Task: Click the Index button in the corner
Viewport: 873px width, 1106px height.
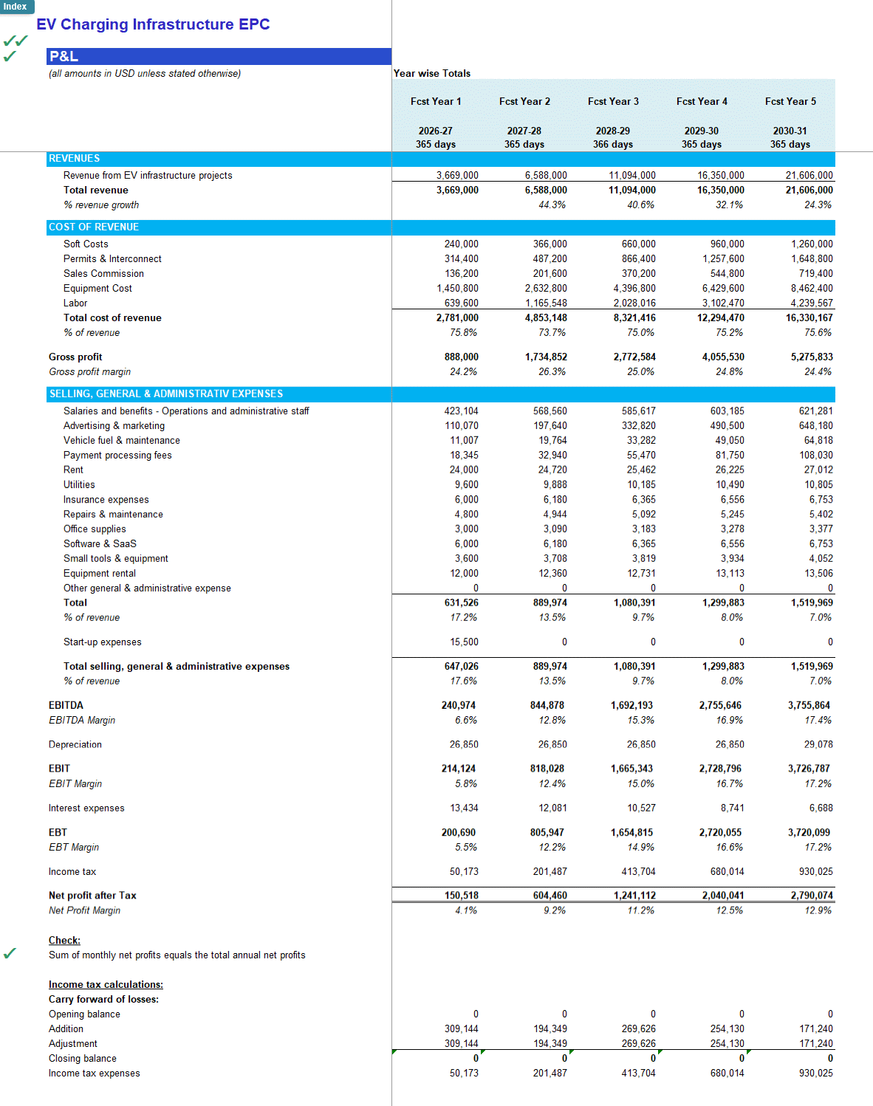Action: (16, 7)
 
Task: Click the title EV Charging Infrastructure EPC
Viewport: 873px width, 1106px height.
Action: (153, 24)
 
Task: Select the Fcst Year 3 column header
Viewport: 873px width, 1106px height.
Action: (613, 101)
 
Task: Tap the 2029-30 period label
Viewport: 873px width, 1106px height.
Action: (701, 131)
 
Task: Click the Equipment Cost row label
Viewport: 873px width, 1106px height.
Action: (97, 288)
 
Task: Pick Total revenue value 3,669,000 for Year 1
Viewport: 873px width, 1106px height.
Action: (457, 190)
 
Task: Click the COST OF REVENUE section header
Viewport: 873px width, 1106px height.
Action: (94, 227)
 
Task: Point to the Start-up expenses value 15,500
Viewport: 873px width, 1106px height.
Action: (464, 642)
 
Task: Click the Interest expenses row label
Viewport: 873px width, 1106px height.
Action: (86, 808)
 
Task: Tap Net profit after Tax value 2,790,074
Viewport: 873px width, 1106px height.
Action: (812, 895)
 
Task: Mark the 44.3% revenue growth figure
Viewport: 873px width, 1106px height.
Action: (552, 205)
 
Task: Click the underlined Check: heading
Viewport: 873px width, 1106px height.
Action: (64, 940)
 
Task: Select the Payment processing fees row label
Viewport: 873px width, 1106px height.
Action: (117, 455)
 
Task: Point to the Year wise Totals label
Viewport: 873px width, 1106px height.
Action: (432, 73)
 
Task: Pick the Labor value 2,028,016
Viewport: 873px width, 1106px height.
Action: (634, 303)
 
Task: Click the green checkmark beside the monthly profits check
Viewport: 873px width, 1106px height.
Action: (10, 953)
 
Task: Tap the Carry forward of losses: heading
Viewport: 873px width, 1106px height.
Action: (103, 999)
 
